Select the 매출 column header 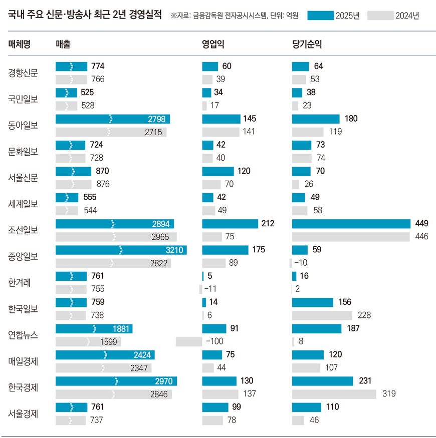pos(63,44)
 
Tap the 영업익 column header pos(212,44)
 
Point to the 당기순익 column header pos(307,44)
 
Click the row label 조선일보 pos(23,230)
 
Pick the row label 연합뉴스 pos(23,334)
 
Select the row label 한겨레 pos(20,282)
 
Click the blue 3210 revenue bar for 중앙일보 pos(121,250)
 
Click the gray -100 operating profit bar pos(189,342)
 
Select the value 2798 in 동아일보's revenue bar pos(157,119)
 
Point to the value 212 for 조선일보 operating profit pos(268,223)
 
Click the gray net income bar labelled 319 pos(334,394)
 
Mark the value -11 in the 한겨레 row pos(210,289)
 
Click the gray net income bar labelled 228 pos(322,315)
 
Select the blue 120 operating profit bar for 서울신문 pos(218,171)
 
